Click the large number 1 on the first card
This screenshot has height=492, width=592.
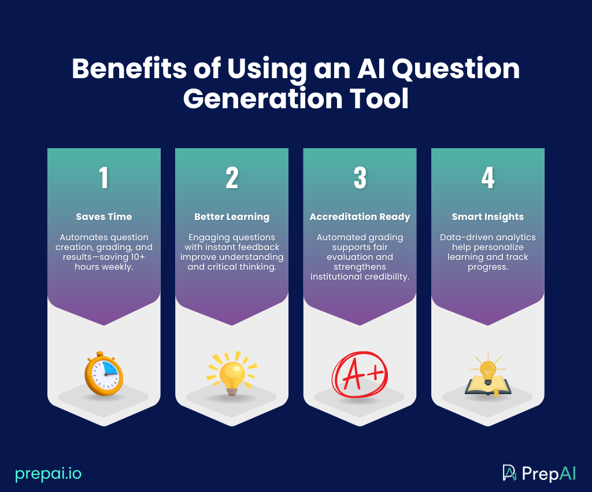click(x=104, y=178)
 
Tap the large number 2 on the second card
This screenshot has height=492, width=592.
click(x=232, y=178)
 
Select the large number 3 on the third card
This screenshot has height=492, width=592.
click(x=360, y=178)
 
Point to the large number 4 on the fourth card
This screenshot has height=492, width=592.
click(x=488, y=178)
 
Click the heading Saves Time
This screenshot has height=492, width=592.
click(x=104, y=216)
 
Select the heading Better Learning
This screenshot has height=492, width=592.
click(x=232, y=216)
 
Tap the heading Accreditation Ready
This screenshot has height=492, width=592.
click(x=360, y=216)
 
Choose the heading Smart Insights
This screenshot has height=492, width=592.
click(x=488, y=216)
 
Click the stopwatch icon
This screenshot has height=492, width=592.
click(x=104, y=373)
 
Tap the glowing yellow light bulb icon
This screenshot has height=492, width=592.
click(x=232, y=373)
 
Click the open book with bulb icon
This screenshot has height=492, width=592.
click(x=488, y=376)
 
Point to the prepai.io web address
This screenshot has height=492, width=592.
click(x=49, y=473)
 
